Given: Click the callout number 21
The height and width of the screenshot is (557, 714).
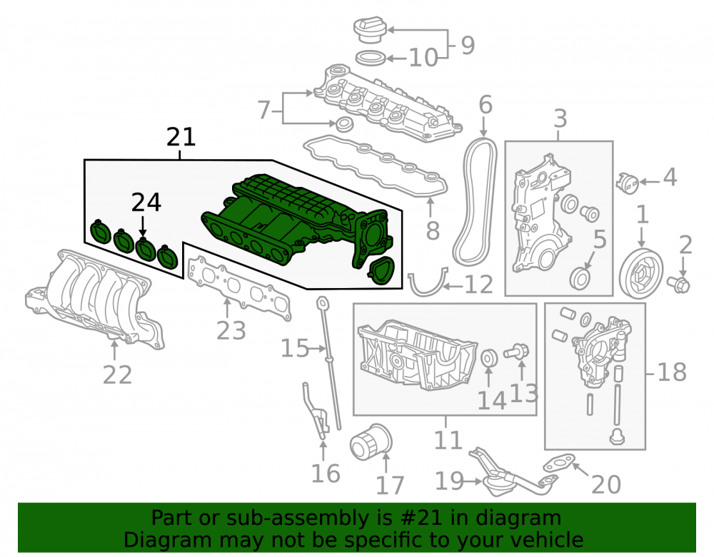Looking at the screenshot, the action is click(181, 137).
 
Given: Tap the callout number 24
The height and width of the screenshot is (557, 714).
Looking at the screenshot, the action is click(146, 203).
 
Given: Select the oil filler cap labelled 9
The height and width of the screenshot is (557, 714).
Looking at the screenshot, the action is click(370, 31).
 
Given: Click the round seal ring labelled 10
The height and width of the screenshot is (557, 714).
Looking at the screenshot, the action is click(370, 58).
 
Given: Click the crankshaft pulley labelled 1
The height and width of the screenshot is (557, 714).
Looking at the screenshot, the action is click(641, 273).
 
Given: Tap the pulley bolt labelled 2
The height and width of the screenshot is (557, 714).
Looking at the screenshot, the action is click(679, 284).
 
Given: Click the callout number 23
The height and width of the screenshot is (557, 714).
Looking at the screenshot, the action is click(231, 330).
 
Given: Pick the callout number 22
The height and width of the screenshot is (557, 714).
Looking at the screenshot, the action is click(118, 374).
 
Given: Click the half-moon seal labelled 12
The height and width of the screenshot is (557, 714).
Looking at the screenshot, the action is click(428, 284).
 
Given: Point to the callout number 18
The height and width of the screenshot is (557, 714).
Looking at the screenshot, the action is click(672, 372).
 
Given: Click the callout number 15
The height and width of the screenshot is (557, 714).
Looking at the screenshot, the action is click(295, 349).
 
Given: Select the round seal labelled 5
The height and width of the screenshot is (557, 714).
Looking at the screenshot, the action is click(580, 278).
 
